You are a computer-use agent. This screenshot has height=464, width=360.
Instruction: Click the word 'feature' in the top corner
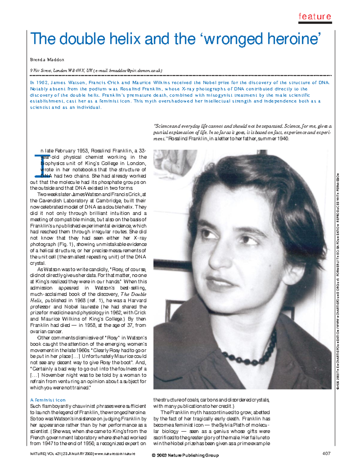coord(315,16)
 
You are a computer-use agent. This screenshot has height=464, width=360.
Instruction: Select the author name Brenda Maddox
coord(47,60)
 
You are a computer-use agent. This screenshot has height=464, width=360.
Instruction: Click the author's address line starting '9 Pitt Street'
coord(96,71)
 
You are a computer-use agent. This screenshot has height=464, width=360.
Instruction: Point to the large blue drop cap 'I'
coord(37,165)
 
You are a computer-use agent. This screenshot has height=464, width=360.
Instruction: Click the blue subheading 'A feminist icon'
coord(48,400)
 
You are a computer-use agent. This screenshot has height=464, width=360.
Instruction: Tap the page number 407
coord(326,453)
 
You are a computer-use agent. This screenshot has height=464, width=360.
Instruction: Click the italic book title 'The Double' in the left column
coord(133,294)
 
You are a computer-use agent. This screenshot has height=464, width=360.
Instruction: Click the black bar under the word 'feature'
coord(315,22)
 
